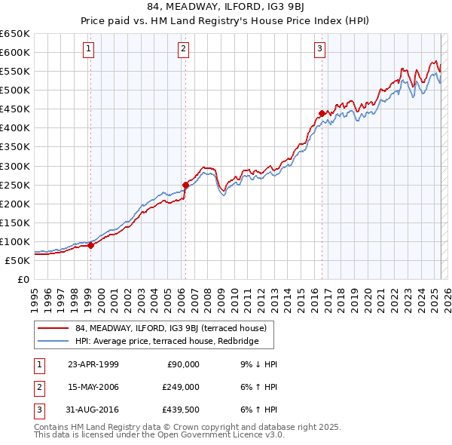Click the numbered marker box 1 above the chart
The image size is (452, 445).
click(88, 50)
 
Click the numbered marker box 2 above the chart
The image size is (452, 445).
click(183, 50)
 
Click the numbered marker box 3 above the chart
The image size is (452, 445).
click(320, 50)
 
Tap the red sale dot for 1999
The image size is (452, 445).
click(90, 244)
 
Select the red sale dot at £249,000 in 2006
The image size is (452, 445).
click(185, 184)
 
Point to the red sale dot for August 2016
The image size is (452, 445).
click(322, 112)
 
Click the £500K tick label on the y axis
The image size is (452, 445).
click(15, 90)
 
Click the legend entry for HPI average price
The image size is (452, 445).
click(166, 342)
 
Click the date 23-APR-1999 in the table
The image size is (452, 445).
click(93, 364)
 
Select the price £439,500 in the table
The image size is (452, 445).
click(182, 410)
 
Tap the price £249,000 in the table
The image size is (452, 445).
click(182, 387)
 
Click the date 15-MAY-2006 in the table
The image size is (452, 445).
click(93, 387)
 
